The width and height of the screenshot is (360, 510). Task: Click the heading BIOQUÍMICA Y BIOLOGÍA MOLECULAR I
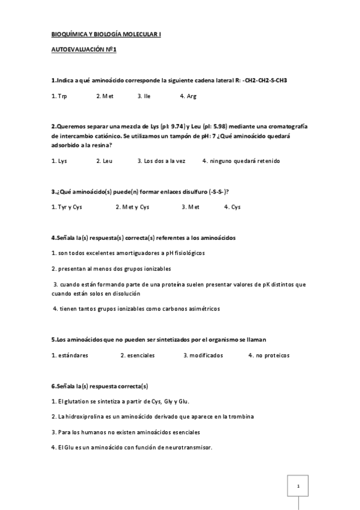106,35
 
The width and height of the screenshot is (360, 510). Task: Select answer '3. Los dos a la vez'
159,161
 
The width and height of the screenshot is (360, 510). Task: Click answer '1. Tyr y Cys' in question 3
68,207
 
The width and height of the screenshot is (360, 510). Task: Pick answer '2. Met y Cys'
132,207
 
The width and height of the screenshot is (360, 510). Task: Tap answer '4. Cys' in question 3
232,207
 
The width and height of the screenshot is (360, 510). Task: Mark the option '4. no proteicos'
269,355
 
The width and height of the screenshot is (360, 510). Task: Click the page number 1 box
298,485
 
